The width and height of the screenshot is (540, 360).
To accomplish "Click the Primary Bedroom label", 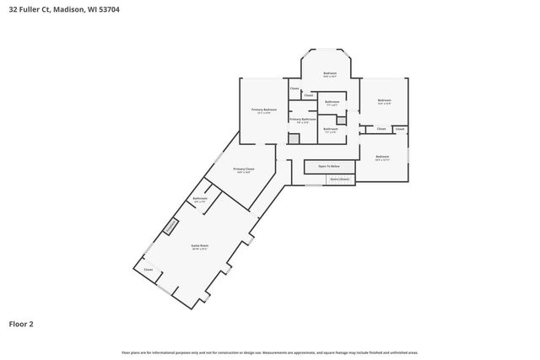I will (264, 110).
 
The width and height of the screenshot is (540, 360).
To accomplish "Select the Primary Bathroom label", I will (302, 119).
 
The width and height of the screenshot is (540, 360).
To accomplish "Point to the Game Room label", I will (199, 245).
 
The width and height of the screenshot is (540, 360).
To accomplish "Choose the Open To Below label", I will (328, 166).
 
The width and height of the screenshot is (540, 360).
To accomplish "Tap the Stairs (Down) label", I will (339, 179).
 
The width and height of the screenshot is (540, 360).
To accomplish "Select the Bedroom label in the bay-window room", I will (330, 73).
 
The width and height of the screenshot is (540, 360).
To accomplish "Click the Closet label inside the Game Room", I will (148, 269).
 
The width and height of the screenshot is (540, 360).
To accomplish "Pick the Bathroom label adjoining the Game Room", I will (200, 198).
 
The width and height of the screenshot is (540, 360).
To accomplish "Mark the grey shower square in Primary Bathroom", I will (294, 137).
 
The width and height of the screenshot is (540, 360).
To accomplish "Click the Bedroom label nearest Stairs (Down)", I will (382, 157).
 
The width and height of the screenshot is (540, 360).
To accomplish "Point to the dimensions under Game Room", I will (199, 250).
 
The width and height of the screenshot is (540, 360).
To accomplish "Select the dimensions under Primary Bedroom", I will (264, 114).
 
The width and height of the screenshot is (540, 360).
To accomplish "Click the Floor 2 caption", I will (21, 323).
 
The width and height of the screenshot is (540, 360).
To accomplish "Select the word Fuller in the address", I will (34, 11).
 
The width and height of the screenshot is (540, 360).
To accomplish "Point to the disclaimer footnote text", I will (270, 352).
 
